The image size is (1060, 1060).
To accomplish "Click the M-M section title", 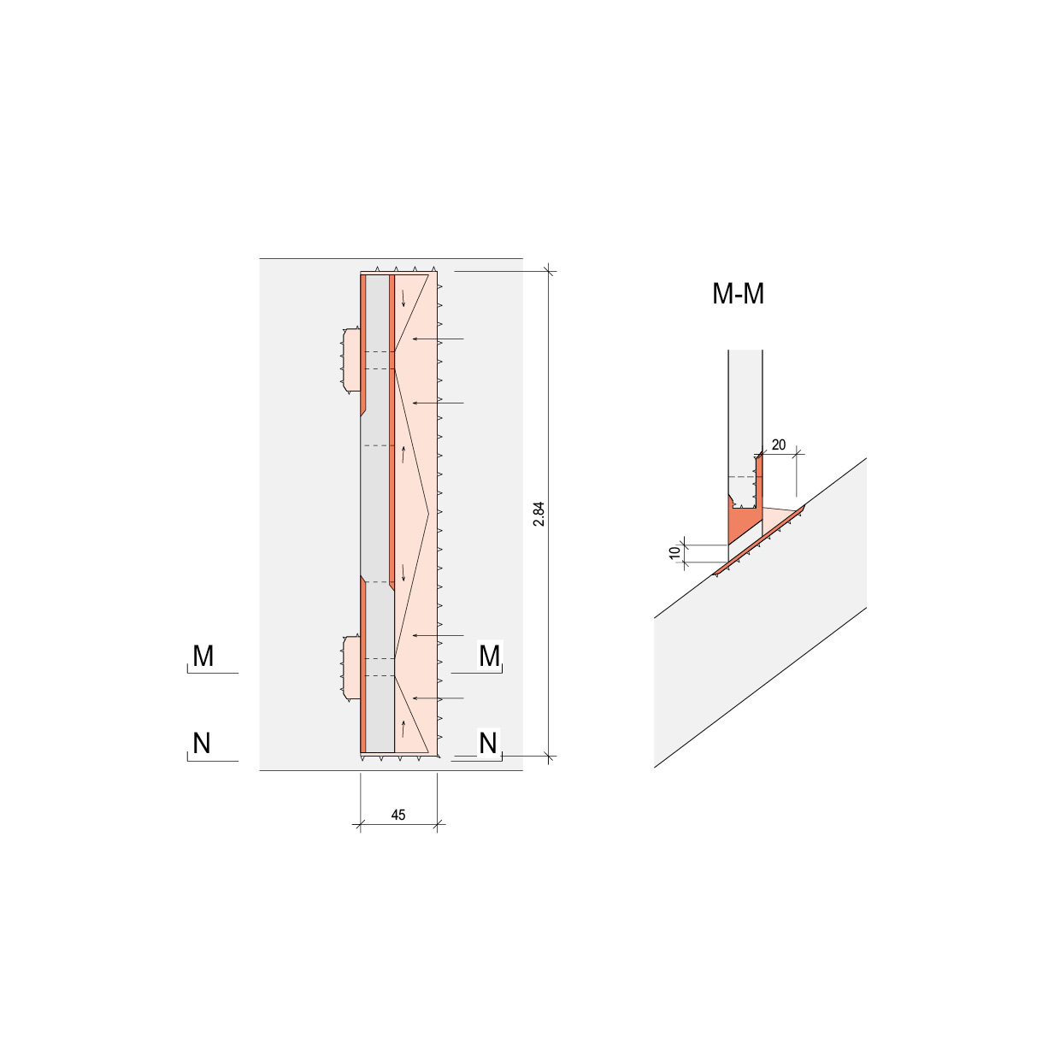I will tap(738, 294).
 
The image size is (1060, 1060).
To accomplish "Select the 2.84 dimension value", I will tap(539, 514).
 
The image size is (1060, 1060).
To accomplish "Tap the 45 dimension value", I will tap(398, 815).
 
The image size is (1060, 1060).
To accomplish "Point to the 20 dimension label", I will tap(778, 445).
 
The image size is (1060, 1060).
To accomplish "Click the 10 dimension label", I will tap(675, 553).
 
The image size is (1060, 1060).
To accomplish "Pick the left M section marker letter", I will tap(203, 657).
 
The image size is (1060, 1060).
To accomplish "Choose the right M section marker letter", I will tap(489, 657).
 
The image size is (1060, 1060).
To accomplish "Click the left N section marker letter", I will tap(202, 744).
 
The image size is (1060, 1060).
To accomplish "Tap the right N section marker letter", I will tap(488, 744).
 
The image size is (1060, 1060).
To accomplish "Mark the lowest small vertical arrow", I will tap(403, 730).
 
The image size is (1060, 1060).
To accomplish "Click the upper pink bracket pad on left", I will tap(350, 360).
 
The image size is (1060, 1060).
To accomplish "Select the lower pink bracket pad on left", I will tap(350, 668).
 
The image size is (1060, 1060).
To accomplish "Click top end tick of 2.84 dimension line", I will tap(549, 272).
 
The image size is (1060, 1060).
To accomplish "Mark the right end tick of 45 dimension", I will tap(438, 825).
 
